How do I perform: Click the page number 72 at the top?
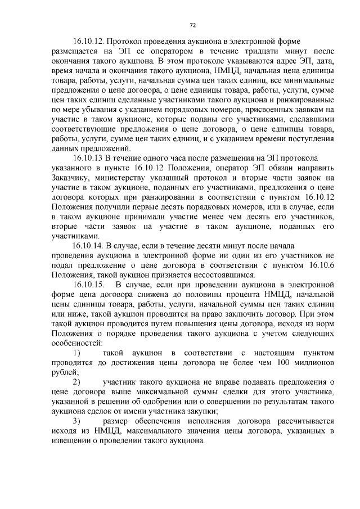192,25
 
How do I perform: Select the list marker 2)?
79,382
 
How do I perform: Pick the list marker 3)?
79,421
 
